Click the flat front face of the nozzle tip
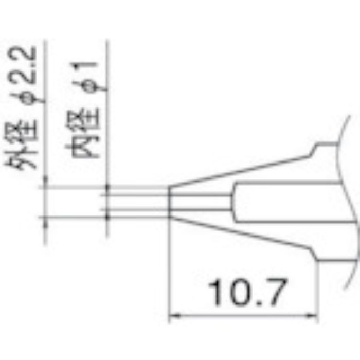coord(170,202)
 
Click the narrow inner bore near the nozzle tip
coord(201,202)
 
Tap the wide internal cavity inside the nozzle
coord(288,202)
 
